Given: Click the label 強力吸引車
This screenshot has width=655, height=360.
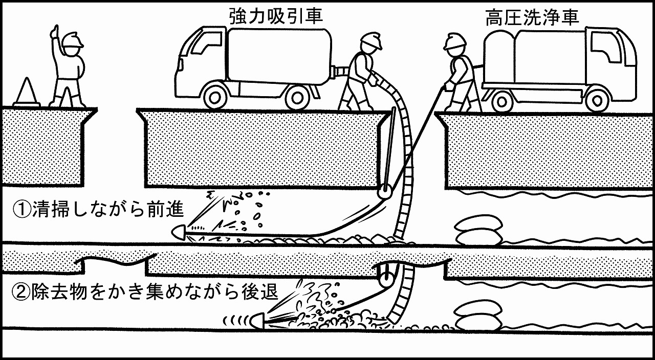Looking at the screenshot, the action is pos(276,16).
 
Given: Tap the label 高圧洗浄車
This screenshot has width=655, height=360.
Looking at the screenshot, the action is pos(532,17).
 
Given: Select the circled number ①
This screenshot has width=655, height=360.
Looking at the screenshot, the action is pos(21,209).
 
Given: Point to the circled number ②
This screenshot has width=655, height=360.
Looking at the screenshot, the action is pos(21,291).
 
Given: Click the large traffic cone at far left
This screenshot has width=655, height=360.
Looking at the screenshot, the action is pos(27,92).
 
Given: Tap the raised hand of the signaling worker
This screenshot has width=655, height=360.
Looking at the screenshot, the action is pos(55,32).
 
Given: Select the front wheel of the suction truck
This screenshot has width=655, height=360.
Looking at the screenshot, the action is pos(215,98).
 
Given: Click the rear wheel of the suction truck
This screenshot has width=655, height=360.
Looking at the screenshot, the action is pos(297,98).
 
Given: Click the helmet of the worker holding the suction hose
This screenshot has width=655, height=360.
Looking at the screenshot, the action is pos(371,40).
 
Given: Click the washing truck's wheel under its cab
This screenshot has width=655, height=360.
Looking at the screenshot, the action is pos(597,100).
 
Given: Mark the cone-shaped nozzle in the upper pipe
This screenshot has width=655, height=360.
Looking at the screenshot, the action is pos(179,232).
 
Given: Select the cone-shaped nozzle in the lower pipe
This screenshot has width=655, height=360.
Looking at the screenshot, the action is pos(257,321).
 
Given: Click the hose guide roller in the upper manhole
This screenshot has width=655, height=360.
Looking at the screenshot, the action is pos(384,193).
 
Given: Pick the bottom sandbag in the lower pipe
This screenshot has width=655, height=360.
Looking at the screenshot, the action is pos(478,324).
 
